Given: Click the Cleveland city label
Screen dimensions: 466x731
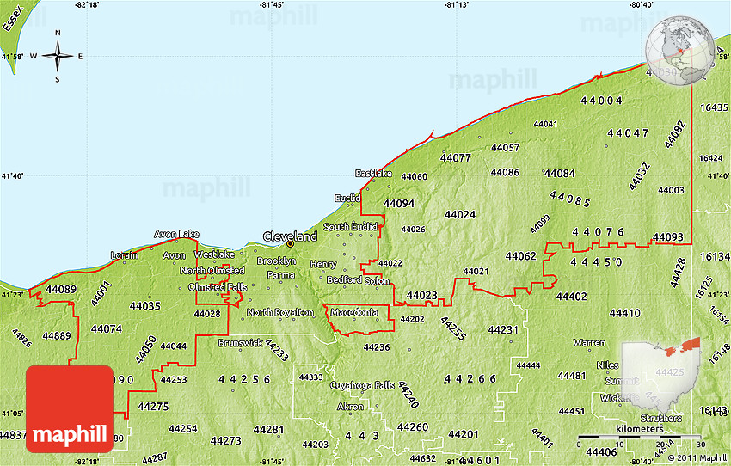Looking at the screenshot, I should [x=290, y=236].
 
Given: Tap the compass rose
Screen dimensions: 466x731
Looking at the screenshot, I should [x=58, y=57].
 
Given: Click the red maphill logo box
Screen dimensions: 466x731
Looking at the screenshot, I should [x=70, y=409].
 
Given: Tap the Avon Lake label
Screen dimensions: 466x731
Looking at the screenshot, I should [x=176, y=234].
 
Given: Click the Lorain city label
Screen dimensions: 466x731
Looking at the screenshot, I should [x=125, y=255].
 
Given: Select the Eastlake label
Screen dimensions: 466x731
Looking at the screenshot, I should [x=373, y=173].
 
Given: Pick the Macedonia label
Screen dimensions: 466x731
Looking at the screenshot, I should [x=353, y=311].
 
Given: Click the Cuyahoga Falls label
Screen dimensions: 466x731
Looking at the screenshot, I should [x=362, y=385].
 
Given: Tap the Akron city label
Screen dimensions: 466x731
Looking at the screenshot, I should [x=350, y=406].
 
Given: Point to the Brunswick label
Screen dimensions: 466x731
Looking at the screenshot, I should [x=240, y=342].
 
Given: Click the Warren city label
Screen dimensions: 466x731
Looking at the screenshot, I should [x=589, y=342].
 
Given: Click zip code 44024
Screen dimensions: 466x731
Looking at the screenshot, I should [x=460, y=214].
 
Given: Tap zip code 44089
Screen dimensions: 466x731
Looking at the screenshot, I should [x=61, y=290].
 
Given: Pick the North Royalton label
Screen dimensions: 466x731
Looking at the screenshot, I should [x=279, y=312].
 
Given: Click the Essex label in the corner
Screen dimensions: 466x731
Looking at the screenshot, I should [x=12, y=16].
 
